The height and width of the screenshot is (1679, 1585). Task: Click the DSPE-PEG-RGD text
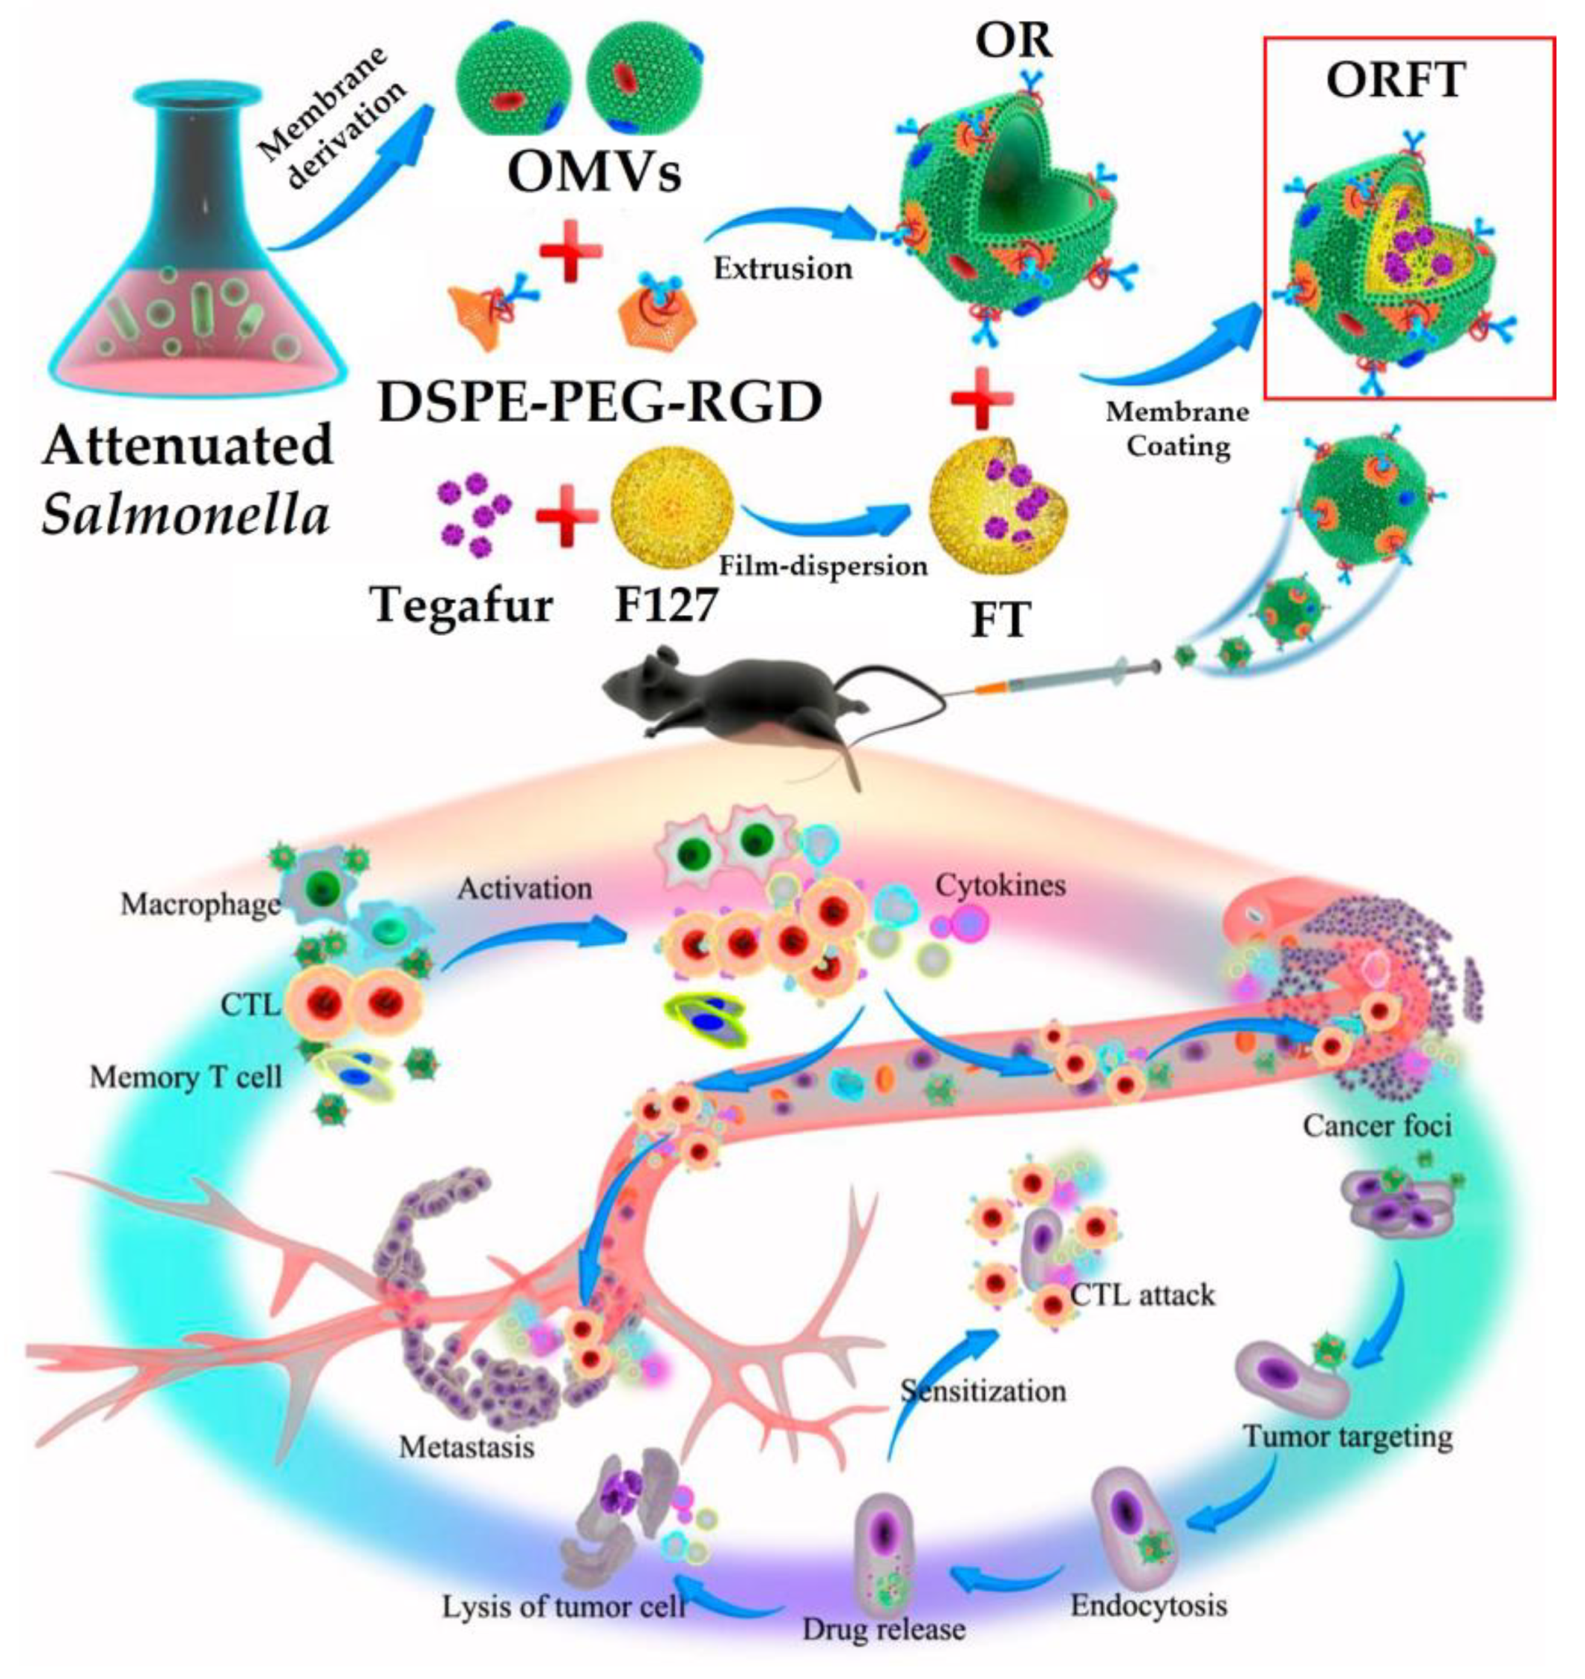(601, 403)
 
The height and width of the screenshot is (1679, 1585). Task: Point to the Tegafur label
(462, 605)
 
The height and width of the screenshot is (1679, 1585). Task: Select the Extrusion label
(783, 269)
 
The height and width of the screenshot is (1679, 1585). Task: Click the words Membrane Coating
(1178, 429)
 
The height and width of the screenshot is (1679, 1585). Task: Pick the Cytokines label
(1000, 885)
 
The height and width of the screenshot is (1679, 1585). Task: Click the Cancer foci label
(1376, 1126)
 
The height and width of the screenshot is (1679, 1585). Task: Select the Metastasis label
(466, 1447)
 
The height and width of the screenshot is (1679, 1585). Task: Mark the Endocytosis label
(1149, 1605)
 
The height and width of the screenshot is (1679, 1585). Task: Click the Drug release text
(884, 1628)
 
